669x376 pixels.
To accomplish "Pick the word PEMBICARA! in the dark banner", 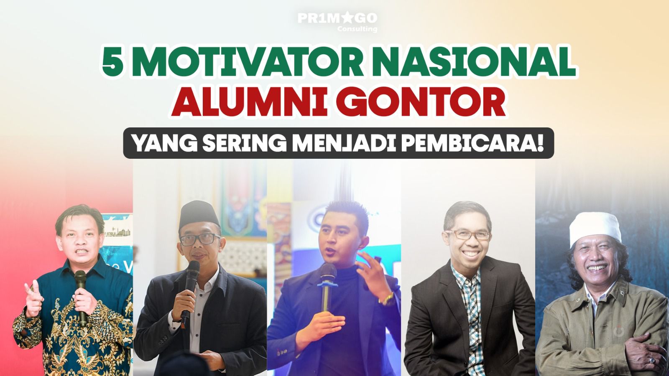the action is pyautogui.click(x=467, y=143).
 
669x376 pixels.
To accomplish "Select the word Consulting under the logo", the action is pyautogui.click(x=357, y=29).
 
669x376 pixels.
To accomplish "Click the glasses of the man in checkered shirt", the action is pyautogui.click(x=467, y=235).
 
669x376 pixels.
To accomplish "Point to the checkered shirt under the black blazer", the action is pyautogui.click(x=470, y=310).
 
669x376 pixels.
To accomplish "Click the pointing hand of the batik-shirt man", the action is pyautogui.click(x=33, y=298).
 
